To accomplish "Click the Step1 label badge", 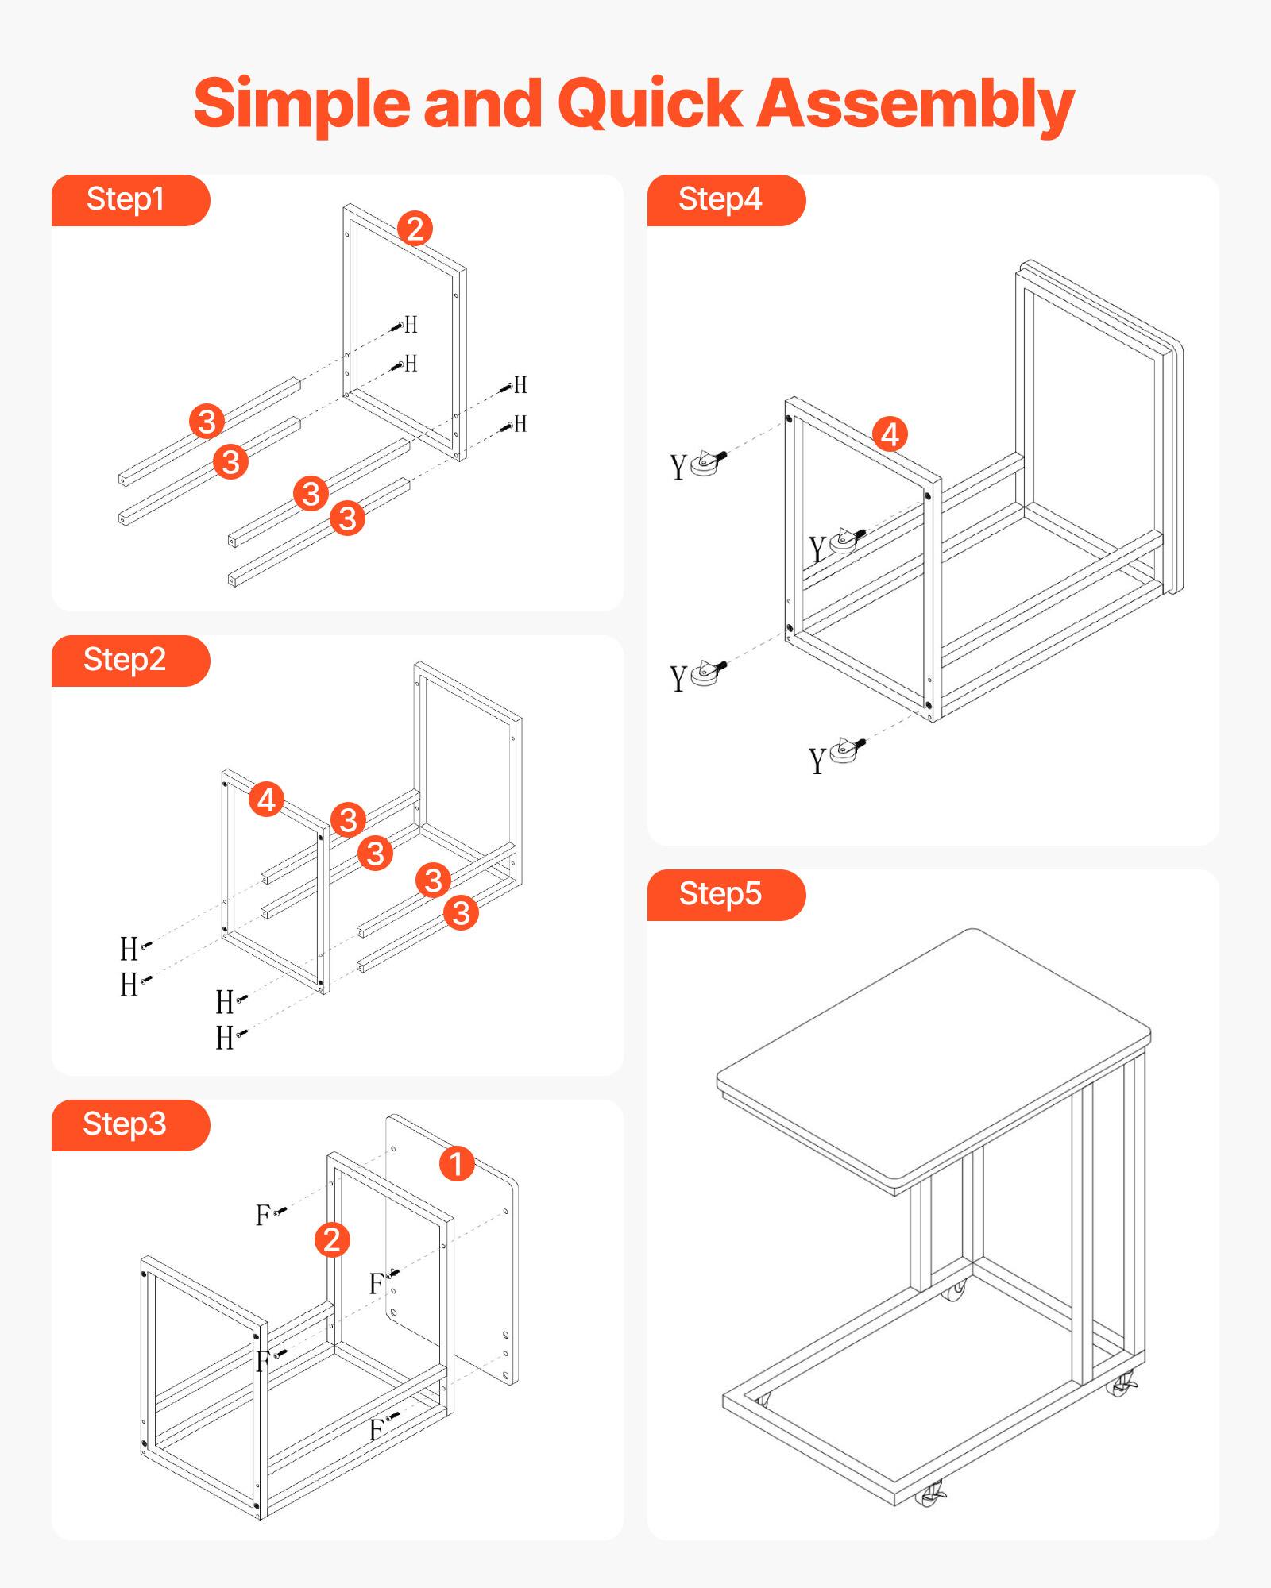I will (127, 200).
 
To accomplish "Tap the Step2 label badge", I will (127, 661).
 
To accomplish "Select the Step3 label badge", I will (127, 1125).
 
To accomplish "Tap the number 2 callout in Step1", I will (415, 229).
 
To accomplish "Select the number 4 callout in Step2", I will (267, 800).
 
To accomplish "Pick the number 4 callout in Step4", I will (890, 434).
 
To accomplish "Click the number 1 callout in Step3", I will (457, 1164).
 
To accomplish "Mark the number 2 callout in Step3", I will (332, 1240).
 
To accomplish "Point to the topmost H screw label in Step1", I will (411, 325).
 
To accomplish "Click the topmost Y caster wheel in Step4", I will (706, 463).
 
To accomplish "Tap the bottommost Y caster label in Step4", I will (817, 761).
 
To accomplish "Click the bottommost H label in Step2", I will (224, 1039).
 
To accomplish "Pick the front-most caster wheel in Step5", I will (929, 1497).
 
